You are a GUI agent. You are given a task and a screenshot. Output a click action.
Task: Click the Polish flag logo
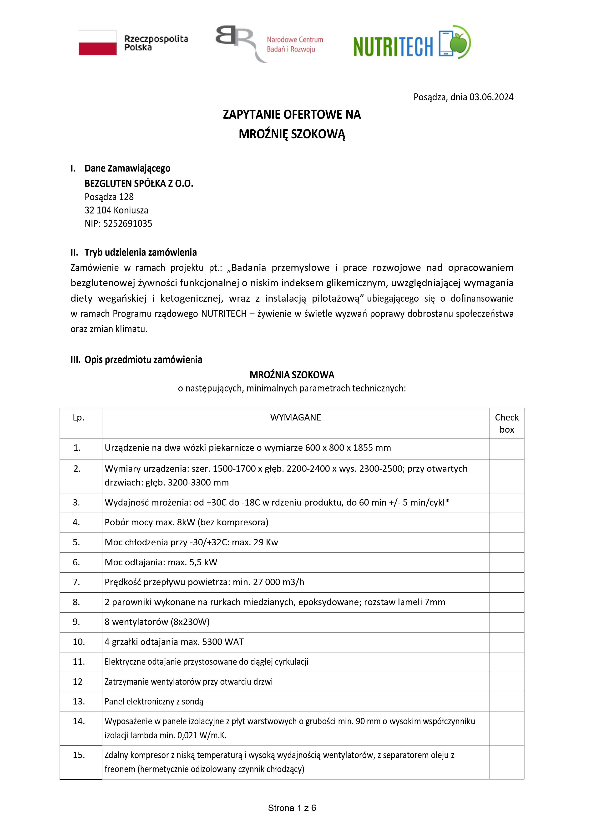[98, 43]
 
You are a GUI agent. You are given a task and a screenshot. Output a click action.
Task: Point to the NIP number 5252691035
[127, 223]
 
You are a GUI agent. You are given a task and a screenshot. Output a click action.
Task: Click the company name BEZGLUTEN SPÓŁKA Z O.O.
[139, 183]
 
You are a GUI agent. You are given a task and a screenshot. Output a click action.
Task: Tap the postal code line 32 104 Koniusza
[116, 210]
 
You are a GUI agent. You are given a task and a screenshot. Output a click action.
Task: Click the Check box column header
[506, 423]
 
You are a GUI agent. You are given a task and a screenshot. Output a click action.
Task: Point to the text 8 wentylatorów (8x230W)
[157, 622]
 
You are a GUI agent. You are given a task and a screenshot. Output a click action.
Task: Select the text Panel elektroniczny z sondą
[154, 701]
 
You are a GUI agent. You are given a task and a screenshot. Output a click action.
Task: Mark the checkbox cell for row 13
[506, 701]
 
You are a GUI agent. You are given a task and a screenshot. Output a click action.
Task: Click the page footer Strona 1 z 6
[292, 808]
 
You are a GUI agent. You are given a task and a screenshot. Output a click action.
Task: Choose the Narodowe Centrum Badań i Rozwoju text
[295, 44]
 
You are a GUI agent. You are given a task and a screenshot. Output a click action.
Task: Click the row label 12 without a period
[78, 682]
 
